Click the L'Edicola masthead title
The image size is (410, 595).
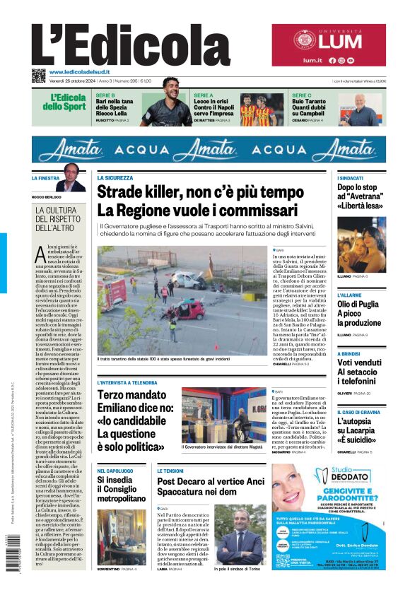[131, 46]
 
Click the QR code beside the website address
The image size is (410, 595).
[38, 75]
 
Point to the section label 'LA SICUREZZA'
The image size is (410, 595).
[115, 178]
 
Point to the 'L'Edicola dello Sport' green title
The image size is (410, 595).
[68, 102]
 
